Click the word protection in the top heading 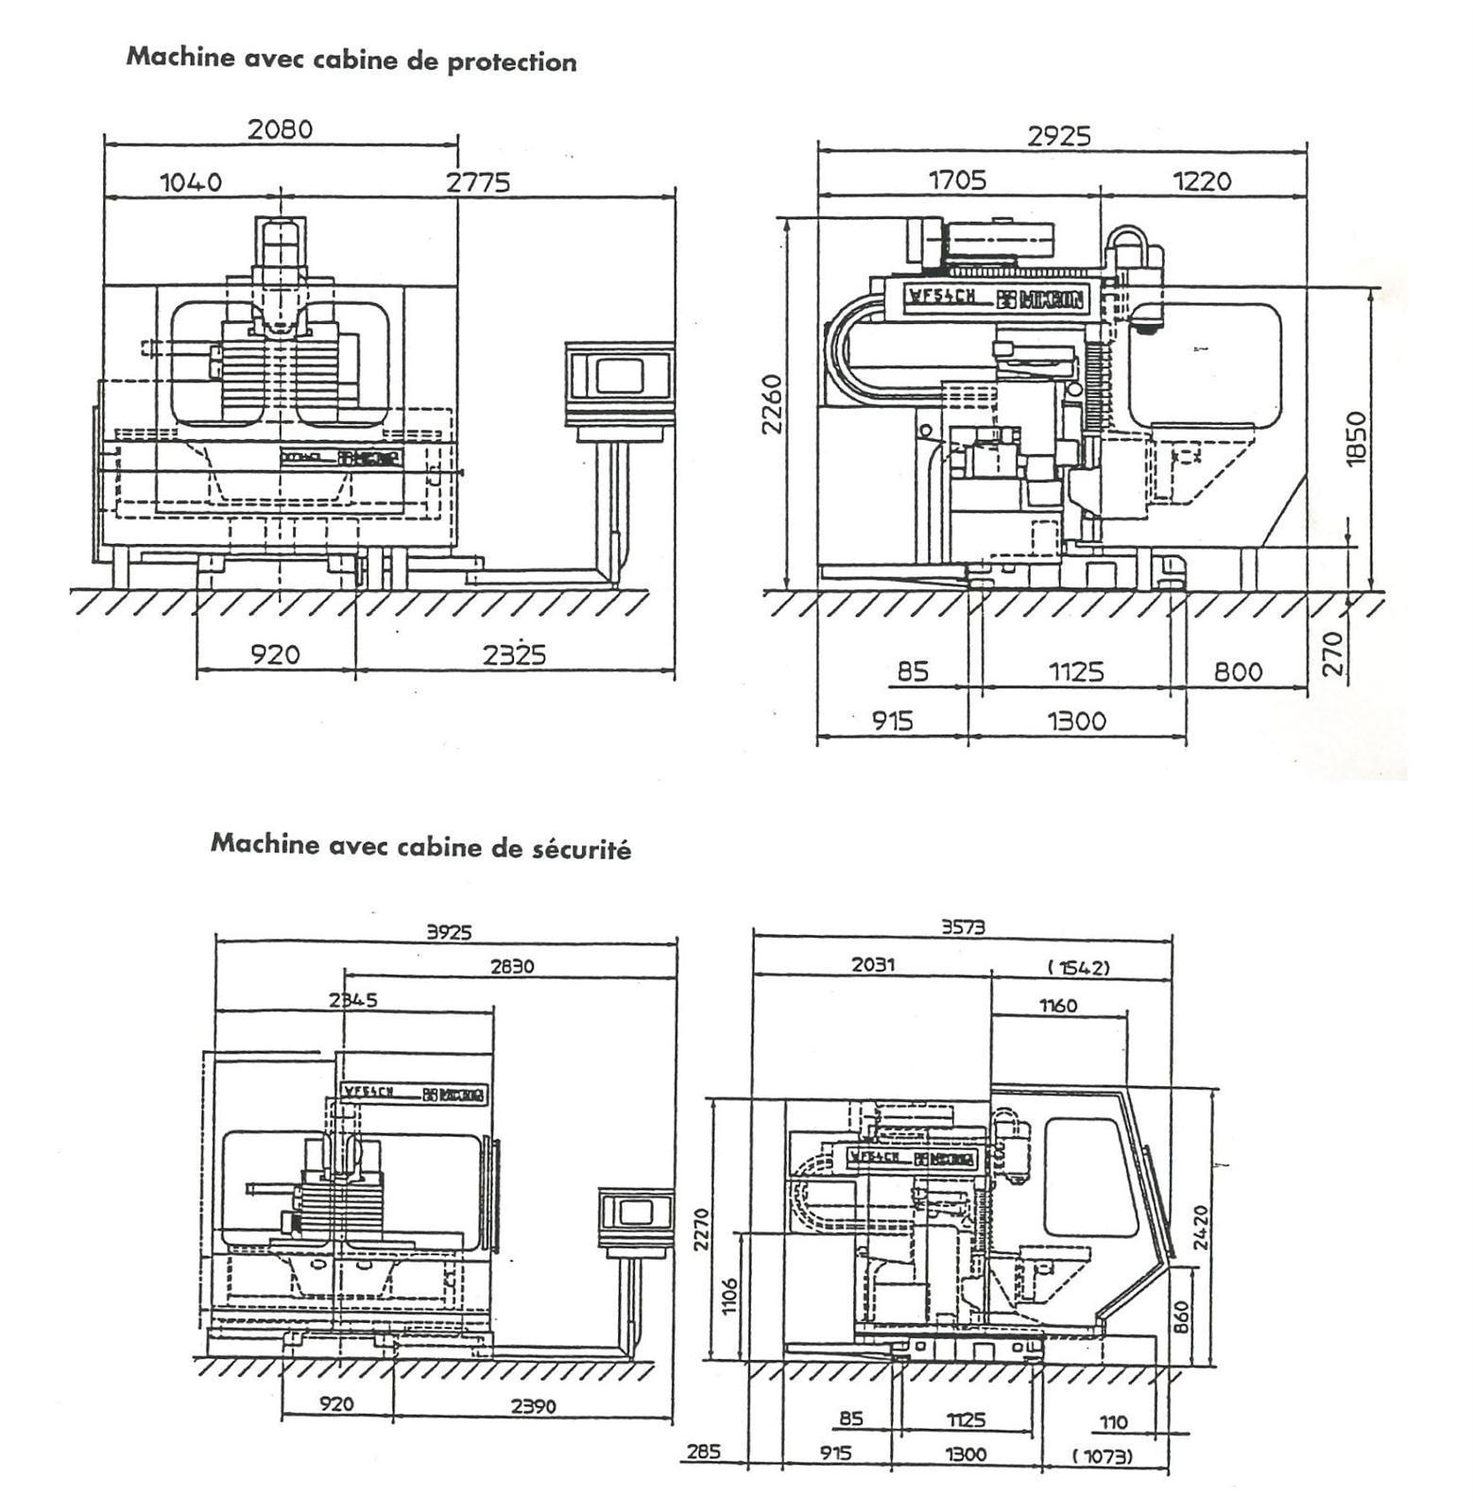pos(511,61)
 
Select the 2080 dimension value pos(280,128)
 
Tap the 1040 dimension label pos(191,181)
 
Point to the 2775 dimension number pos(478,181)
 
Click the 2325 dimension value pos(514,654)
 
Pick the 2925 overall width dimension pos(1059,136)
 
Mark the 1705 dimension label pos(957,179)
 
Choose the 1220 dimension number pos(1202,179)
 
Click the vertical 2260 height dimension pos(773,404)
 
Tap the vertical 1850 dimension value pos(1356,437)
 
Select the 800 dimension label pos(1238,671)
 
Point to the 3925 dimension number pos(449,932)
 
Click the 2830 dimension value pos(512,966)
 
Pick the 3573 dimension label pos(963,927)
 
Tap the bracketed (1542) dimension pos(1078,967)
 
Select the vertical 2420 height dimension pos(1200,1227)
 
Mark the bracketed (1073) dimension pos(1103,1456)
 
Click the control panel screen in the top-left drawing pos(619,374)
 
